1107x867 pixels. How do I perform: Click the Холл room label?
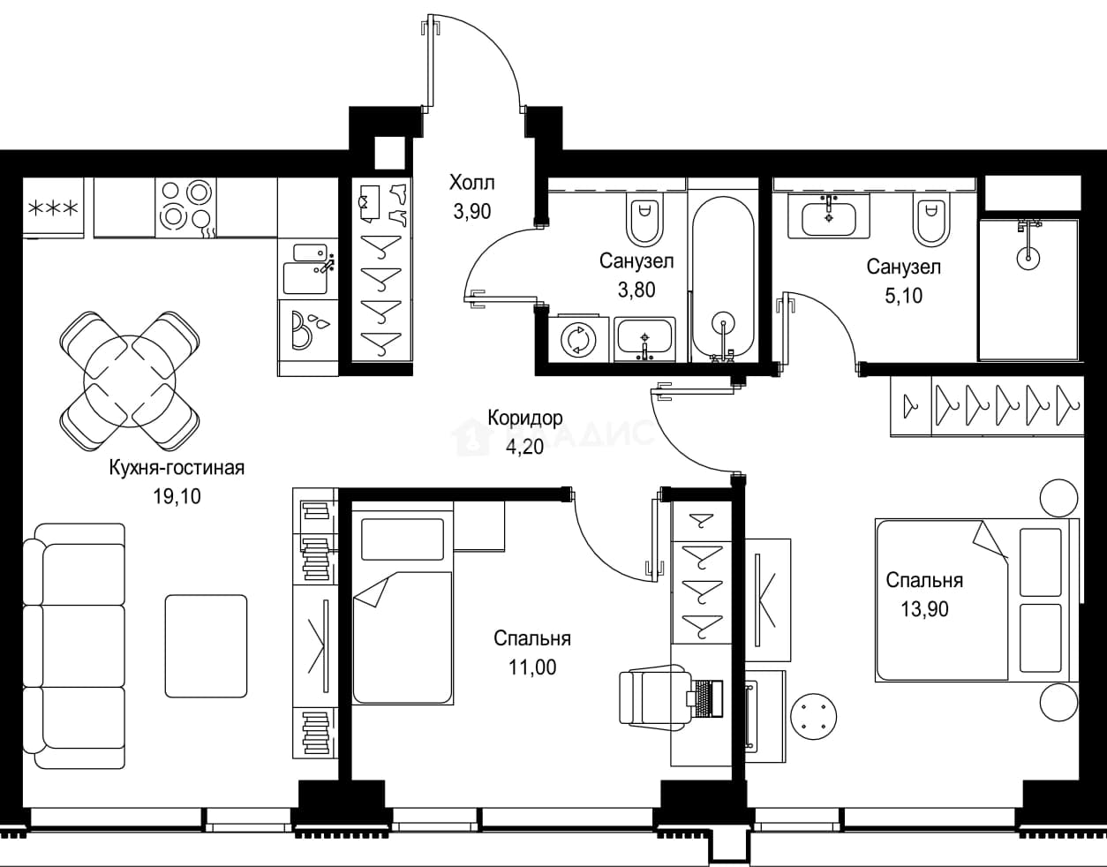point(471,182)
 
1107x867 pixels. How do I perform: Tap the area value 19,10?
point(177,495)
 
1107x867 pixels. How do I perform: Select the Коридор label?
point(525,418)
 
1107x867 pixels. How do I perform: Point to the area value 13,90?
point(924,608)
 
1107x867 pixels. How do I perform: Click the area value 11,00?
point(532,667)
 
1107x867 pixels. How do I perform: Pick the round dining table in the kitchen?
point(130,381)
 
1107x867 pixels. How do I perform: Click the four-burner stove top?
point(186,207)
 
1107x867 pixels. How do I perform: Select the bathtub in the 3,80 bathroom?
point(723,279)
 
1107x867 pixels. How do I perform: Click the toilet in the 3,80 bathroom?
point(645,221)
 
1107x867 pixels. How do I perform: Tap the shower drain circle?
point(1028,258)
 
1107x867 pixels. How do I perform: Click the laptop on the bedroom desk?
point(704,697)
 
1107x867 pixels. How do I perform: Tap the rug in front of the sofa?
point(206,646)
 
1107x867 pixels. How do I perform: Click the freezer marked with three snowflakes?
point(53,207)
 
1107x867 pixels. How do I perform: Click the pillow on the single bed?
point(403,539)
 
